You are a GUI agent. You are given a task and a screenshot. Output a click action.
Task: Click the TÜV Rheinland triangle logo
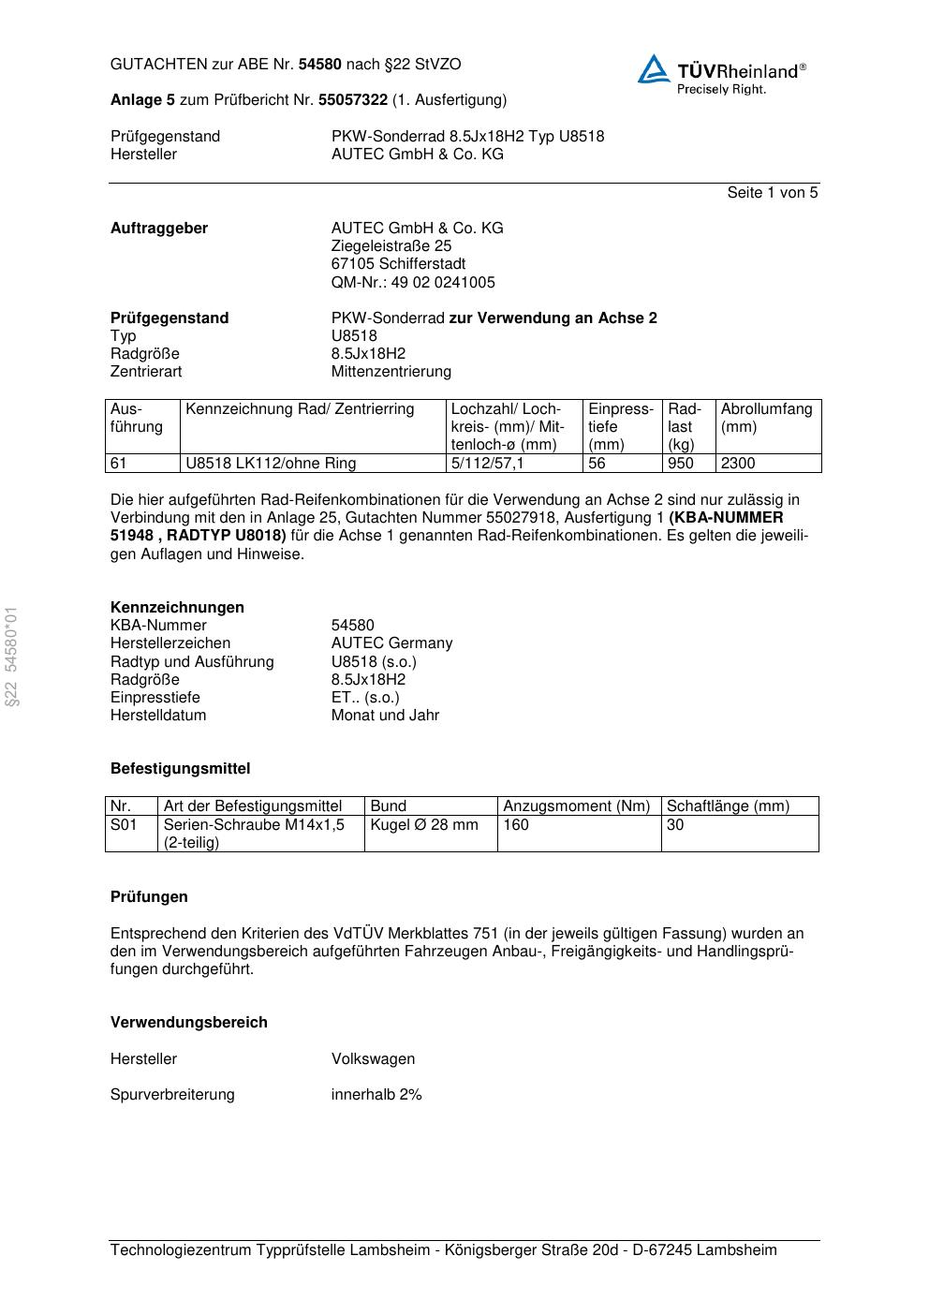click(x=654, y=69)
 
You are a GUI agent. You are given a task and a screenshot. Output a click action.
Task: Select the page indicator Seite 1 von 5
click(x=772, y=193)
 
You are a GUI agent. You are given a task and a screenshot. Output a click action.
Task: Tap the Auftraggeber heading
click(x=159, y=229)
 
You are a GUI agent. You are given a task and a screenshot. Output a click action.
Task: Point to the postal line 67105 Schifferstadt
click(x=398, y=264)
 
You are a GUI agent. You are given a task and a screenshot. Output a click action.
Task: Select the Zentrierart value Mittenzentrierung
click(x=391, y=372)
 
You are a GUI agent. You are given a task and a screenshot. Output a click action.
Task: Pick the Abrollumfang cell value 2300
click(x=738, y=464)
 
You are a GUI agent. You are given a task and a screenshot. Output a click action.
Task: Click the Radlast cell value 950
click(x=681, y=464)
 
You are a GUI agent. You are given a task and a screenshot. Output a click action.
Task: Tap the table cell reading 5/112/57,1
click(x=487, y=464)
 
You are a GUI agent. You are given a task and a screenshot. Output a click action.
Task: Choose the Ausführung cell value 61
click(x=119, y=464)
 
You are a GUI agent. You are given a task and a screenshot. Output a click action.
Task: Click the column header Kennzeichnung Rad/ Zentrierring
click(x=300, y=409)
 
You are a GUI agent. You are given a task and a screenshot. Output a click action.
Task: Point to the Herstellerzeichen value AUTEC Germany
click(x=391, y=643)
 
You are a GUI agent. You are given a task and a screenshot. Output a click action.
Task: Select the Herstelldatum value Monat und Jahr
click(x=385, y=716)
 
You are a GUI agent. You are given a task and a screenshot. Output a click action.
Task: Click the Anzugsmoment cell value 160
click(x=516, y=825)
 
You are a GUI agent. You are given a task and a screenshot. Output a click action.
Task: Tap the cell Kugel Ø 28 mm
click(x=424, y=825)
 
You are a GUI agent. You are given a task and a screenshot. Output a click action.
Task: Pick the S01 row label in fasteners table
click(x=124, y=825)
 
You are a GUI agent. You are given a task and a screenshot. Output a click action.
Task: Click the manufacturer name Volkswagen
click(x=373, y=1059)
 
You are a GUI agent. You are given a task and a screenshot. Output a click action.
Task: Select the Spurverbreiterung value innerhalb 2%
click(x=376, y=1095)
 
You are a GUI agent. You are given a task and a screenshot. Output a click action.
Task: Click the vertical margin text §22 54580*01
click(x=11, y=657)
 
